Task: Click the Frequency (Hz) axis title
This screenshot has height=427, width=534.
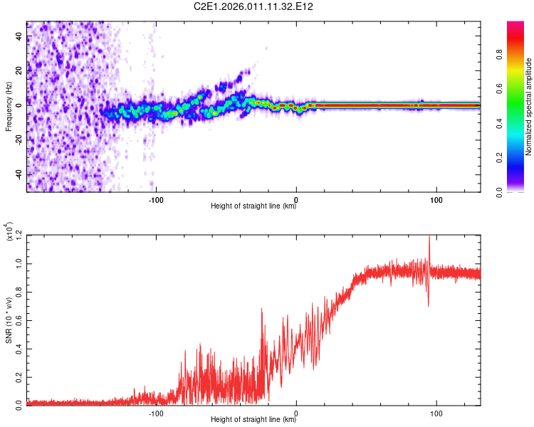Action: coord(9,106)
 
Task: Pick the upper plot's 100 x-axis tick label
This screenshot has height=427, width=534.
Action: coord(436,199)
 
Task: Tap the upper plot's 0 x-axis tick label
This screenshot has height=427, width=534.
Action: coord(296,199)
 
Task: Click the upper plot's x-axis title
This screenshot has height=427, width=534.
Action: coord(253,206)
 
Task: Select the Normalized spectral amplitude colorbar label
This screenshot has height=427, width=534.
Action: coord(529,106)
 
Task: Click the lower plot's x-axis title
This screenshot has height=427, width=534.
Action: coord(253,420)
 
